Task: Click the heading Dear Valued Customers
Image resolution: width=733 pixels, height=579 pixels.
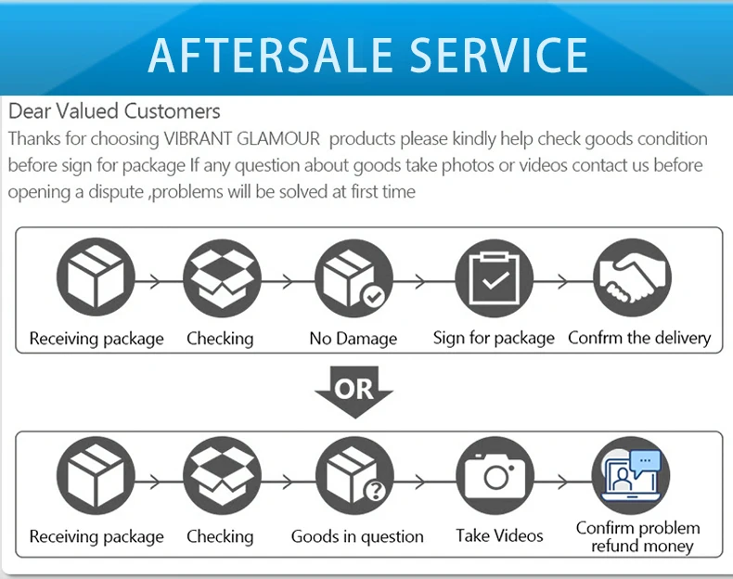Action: (114, 111)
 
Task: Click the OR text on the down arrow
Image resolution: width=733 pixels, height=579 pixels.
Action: (354, 388)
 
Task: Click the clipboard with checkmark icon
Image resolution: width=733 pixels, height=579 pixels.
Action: (494, 278)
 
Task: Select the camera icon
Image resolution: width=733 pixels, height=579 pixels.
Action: (495, 479)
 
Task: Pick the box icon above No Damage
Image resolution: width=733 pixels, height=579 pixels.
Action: (354, 278)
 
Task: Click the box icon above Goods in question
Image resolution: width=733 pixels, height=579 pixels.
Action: (354, 479)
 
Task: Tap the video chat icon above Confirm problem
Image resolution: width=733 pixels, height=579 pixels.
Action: (632, 479)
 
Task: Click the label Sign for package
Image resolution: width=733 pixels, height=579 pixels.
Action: (494, 338)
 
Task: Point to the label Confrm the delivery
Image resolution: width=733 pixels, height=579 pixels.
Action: (639, 338)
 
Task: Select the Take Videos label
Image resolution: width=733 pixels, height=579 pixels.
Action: (499, 535)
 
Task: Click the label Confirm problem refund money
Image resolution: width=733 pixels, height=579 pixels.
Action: (638, 536)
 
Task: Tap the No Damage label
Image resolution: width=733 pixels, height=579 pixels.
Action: (353, 339)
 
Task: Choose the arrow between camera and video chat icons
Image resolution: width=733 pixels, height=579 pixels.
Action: (562, 482)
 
